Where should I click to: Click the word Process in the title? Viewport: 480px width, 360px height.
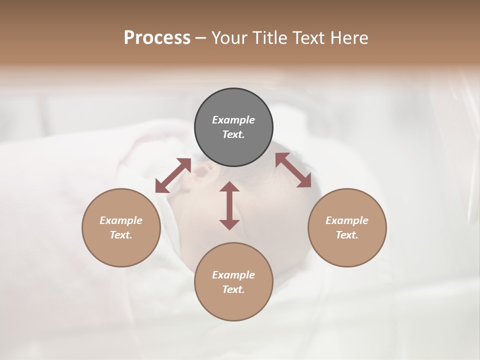[157, 38]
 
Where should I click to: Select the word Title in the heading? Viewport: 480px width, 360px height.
[270, 38]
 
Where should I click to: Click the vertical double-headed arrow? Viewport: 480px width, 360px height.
[229, 205]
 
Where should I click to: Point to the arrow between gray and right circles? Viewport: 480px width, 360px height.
[293, 170]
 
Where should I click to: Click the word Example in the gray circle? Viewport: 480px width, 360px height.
[233, 120]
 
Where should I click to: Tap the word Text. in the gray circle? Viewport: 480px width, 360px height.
[233, 134]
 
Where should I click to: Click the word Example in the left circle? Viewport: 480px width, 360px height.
[121, 220]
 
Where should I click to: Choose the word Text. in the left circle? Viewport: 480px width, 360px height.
[121, 235]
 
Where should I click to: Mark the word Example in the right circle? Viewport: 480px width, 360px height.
[347, 220]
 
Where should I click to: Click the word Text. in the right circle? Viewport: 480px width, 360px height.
[347, 235]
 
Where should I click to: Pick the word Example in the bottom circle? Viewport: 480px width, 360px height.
[233, 275]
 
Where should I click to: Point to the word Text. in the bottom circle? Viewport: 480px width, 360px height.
[233, 289]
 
